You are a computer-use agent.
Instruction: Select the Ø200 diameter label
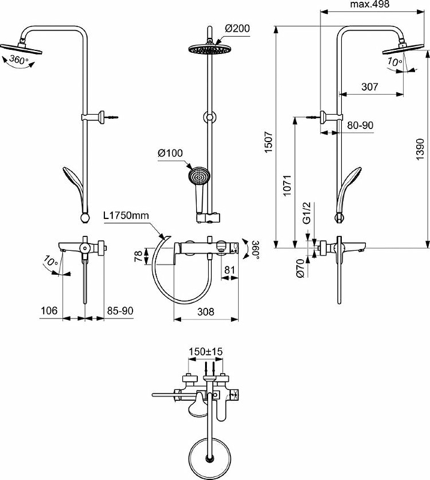pos(237,29)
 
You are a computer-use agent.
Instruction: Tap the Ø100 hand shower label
pos(170,154)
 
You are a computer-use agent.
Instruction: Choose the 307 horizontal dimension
pos(370,86)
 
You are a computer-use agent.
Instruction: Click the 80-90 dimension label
pos(360,125)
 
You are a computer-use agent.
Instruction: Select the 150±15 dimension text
pos(206,352)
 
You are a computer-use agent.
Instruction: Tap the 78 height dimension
pos(139,256)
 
